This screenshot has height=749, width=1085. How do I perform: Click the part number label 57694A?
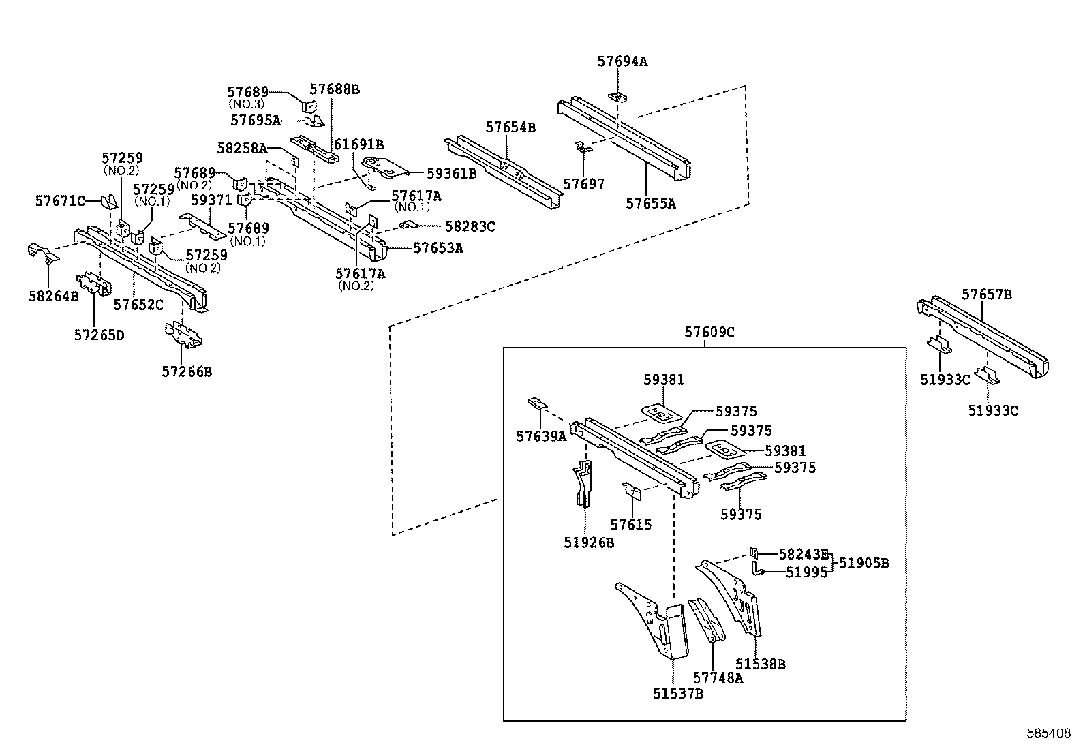622,61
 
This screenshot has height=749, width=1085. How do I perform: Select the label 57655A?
650,203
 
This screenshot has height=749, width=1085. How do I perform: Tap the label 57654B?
510,127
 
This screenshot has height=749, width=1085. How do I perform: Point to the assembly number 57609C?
709,333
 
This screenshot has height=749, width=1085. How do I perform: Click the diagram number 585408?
1049,734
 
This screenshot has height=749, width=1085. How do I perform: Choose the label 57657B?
986,294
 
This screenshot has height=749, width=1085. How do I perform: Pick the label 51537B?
677,694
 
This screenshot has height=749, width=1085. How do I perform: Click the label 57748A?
718,677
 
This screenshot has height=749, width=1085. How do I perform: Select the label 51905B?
864,563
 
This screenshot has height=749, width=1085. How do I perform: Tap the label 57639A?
541,437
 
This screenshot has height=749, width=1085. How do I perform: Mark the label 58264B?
53,296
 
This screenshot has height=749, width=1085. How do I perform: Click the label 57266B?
187,371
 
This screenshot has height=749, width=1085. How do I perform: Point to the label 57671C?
60,200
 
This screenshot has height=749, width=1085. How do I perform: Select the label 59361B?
451,173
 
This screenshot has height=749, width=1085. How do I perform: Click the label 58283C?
470,226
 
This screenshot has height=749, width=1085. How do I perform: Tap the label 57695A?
255,121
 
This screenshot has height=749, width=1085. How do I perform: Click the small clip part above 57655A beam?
616,95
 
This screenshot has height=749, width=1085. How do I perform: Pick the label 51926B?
589,542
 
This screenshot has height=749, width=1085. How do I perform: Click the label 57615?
630,525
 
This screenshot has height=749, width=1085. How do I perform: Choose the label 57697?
583,184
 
